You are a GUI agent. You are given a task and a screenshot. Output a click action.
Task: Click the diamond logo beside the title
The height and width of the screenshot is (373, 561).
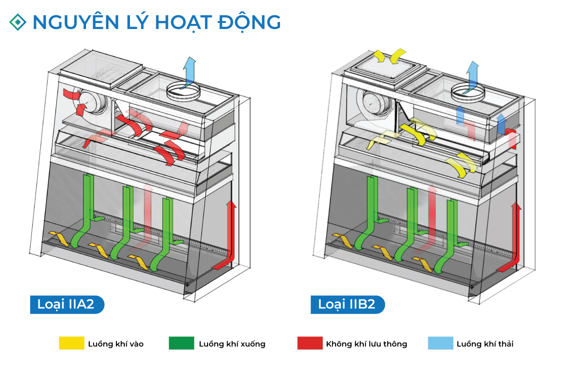tap(18, 21)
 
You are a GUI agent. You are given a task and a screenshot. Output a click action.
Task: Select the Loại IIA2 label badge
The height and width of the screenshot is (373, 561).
tap(67, 304)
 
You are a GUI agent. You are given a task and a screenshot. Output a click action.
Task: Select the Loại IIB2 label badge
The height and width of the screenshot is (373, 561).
tap(347, 304)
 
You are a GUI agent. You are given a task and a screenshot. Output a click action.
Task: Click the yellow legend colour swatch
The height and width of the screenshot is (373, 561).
tap(72, 344)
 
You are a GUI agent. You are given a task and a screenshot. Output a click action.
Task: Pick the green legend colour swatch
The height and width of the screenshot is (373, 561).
tap(181, 344)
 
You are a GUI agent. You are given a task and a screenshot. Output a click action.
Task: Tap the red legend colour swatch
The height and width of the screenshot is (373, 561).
tap(310, 344)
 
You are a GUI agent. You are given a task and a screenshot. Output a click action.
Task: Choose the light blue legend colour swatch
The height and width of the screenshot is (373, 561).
tap(440, 344)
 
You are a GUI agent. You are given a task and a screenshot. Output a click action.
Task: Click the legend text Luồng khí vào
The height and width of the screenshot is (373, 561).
tap(115, 344)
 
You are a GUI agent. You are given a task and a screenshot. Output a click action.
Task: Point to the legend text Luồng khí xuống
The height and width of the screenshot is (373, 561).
tap(232, 344)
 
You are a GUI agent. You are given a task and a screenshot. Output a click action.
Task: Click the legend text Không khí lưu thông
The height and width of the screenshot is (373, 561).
tap(367, 344)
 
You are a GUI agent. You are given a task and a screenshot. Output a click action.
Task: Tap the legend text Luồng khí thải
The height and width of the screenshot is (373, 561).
tap(485, 344)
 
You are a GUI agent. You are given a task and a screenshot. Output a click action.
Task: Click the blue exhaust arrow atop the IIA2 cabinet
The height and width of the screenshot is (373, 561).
tap(189, 70)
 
